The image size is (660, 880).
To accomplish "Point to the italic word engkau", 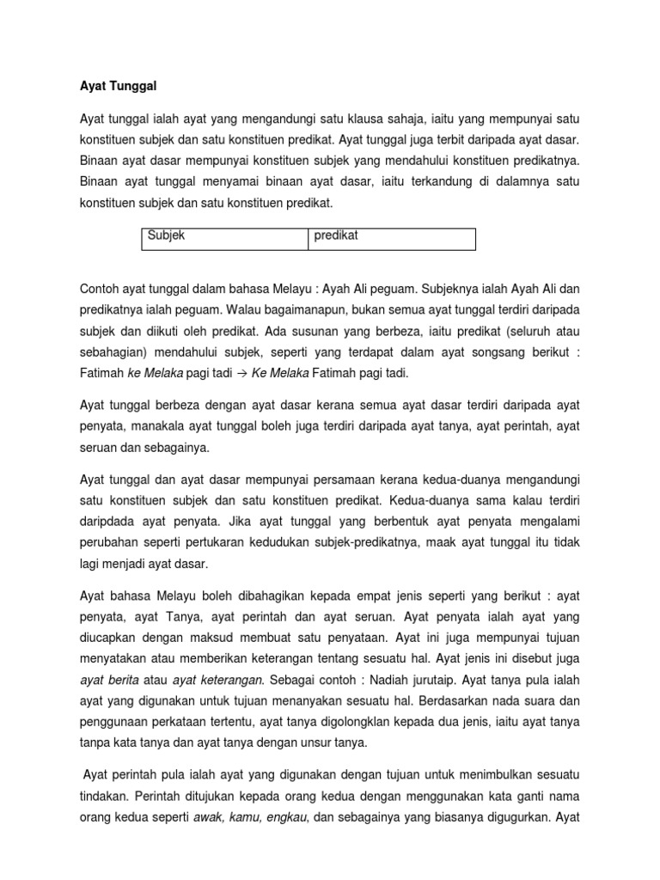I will [284, 817].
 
